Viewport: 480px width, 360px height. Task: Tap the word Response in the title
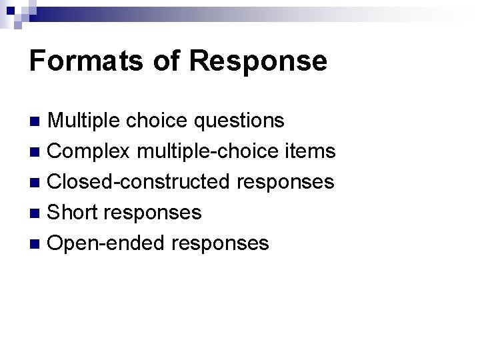point(258,61)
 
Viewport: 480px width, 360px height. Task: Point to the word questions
point(239,121)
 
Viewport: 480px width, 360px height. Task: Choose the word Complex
point(90,151)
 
